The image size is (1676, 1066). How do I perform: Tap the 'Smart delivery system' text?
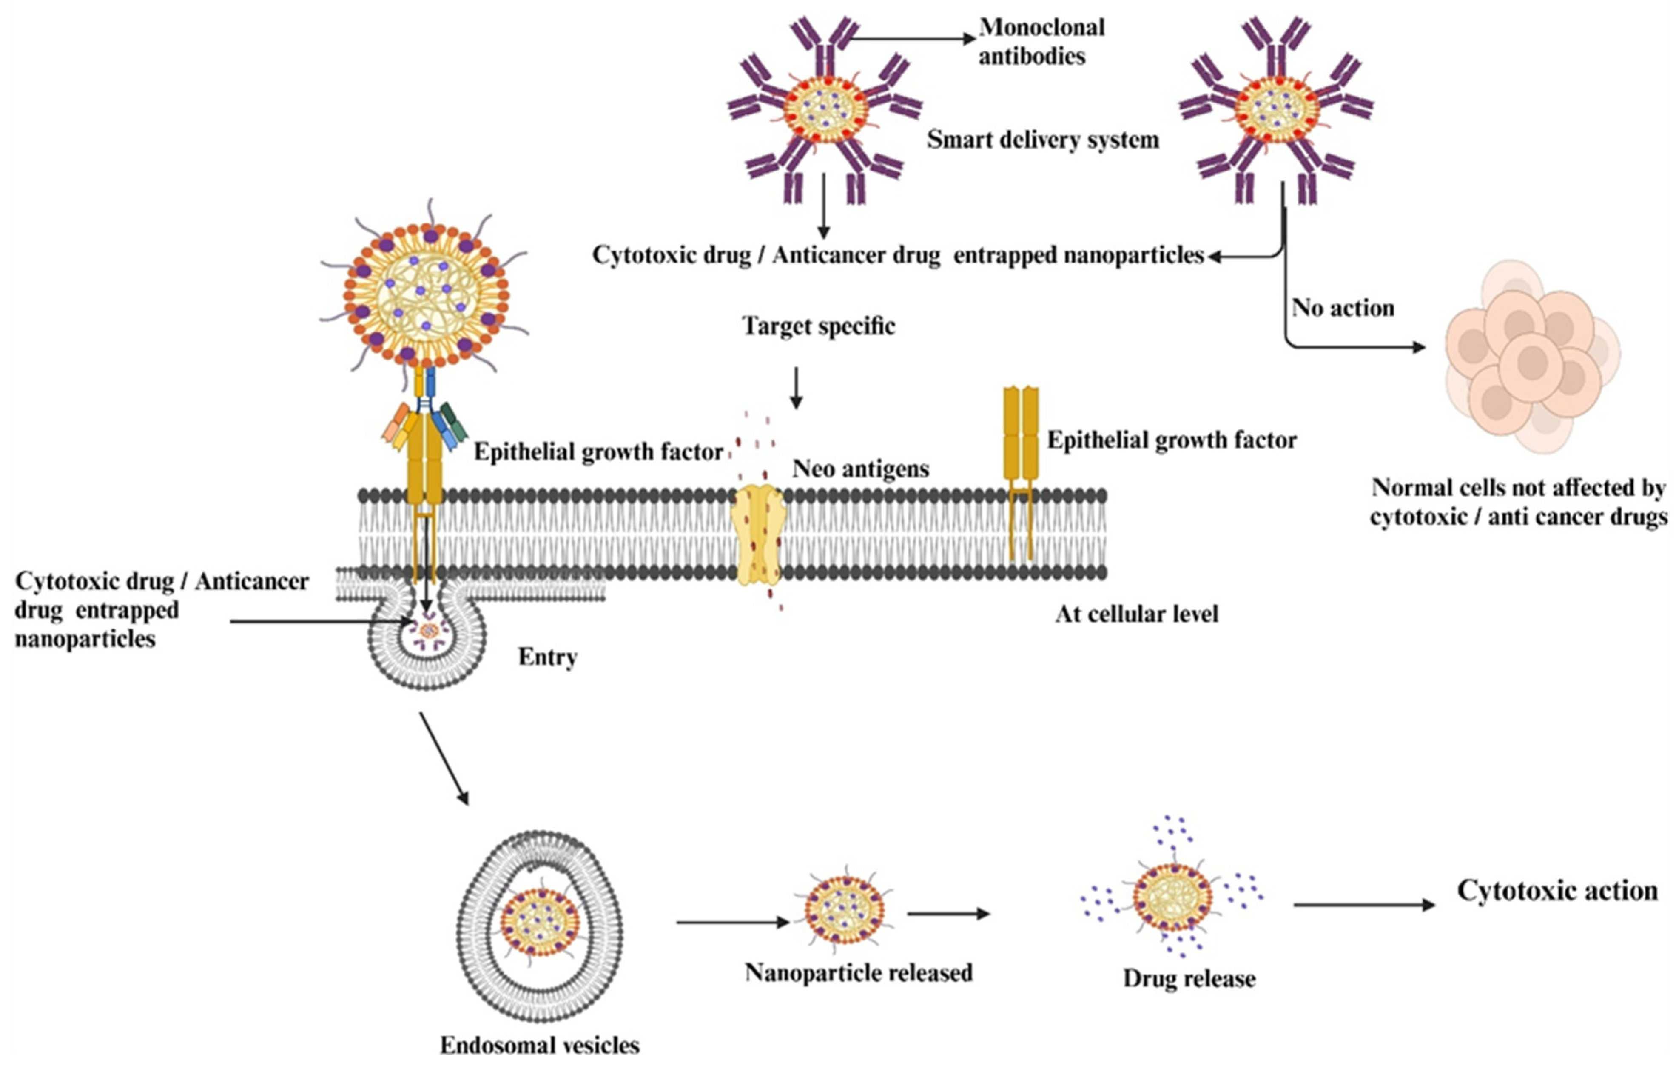(1042, 140)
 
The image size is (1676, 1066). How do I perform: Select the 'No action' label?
(1343, 309)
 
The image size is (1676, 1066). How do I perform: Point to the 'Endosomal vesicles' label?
(539, 1044)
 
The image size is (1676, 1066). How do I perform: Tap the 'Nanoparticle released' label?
(858, 972)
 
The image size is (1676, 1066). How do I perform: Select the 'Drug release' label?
(1189, 978)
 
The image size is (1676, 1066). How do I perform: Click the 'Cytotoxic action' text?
(1557, 891)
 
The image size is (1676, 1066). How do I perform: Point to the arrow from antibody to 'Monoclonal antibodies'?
(912, 39)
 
